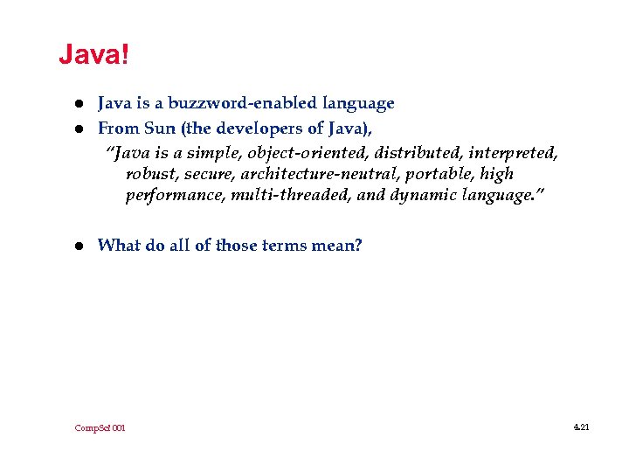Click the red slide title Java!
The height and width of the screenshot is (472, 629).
click(x=93, y=56)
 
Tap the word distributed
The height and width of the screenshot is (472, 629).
click(x=406, y=154)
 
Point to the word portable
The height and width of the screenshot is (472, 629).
click(x=445, y=174)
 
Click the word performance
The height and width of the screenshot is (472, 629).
click(x=175, y=195)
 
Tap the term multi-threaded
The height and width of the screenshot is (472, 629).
click(x=291, y=195)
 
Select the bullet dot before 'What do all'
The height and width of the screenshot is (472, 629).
click(x=77, y=246)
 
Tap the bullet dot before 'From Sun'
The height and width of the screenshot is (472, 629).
click(x=77, y=129)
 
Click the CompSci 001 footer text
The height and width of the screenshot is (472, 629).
click(x=100, y=428)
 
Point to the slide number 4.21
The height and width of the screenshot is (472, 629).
click(x=582, y=427)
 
